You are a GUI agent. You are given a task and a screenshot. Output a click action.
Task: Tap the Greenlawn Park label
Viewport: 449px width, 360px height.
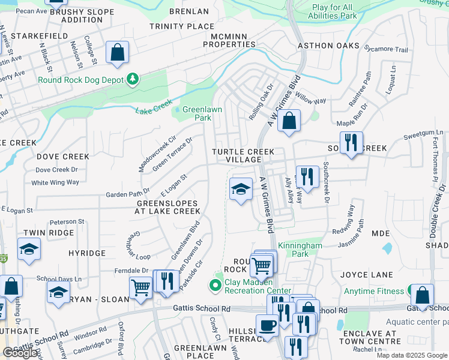point(197,114)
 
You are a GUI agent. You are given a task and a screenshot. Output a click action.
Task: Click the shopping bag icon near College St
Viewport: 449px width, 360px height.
point(117,52)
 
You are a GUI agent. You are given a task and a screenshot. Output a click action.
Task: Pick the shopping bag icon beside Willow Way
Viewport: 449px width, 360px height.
point(289,121)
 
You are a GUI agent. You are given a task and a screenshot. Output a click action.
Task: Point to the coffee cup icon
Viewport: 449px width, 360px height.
point(268,325)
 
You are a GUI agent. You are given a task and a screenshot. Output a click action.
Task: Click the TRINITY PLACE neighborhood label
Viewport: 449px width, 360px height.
point(182,26)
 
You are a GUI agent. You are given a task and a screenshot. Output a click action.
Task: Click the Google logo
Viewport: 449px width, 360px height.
point(20,353)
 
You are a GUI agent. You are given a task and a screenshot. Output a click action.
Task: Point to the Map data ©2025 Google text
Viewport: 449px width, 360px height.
point(411,355)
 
